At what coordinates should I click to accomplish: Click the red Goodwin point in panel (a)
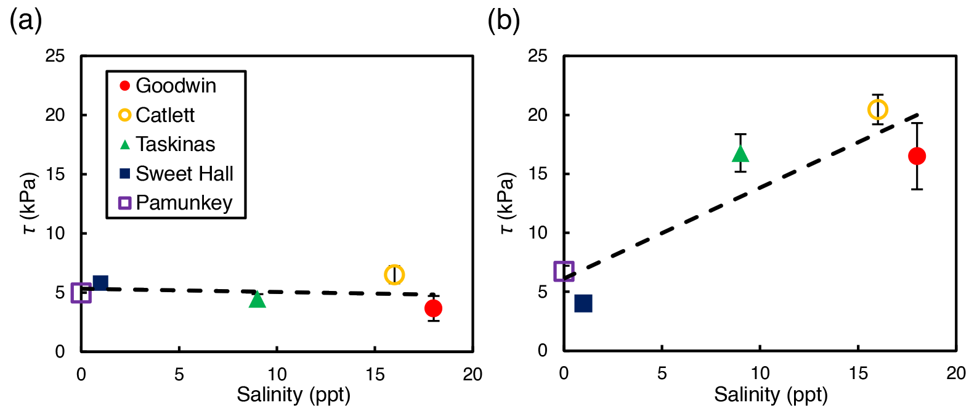tap(433, 308)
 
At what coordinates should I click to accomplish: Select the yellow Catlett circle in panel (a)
tap(394, 275)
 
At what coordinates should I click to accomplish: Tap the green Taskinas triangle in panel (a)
tap(257, 300)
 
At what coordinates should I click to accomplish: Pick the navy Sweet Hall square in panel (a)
tap(100, 284)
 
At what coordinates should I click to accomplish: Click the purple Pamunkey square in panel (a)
tap(81, 293)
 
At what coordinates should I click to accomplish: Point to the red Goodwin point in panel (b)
tap(917, 156)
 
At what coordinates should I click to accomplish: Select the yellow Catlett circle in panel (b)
tap(877, 110)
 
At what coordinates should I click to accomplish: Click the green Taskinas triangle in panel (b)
tap(740, 153)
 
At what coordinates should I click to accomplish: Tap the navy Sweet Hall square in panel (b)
tap(583, 303)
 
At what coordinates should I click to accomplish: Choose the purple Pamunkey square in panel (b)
tap(564, 271)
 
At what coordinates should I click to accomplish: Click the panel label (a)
tap(25, 21)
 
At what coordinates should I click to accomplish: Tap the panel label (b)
tap(503, 21)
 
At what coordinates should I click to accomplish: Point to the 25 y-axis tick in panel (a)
tap(55, 56)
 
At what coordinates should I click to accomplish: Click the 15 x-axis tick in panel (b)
tap(858, 374)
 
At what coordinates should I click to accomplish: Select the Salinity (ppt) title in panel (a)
tap(293, 395)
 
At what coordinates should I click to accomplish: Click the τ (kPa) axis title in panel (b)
tap(506, 203)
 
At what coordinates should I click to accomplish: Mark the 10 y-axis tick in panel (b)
tap(538, 233)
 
